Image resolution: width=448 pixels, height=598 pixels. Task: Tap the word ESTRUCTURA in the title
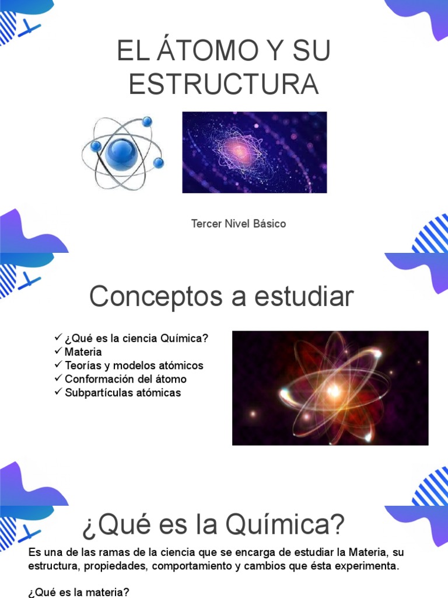(224, 84)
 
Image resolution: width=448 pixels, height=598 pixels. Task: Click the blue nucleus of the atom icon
(121, 153)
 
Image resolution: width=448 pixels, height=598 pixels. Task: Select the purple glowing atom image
(254, 152)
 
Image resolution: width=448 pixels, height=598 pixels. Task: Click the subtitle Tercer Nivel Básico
(239, 224)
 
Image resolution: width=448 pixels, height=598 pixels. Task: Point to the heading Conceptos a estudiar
(222, 297)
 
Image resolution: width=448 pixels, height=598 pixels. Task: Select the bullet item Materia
(83, 352)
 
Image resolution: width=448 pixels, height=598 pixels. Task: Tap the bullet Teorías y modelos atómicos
(134, 366)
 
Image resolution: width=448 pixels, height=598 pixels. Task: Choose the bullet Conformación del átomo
(125, 379)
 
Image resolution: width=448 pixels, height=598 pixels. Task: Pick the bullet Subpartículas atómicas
(123, 392)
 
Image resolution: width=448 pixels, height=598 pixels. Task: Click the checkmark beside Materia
(58, 352)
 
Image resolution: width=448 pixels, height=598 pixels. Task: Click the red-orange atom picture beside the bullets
(330, 388)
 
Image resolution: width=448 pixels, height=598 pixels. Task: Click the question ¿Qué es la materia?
(79, 593)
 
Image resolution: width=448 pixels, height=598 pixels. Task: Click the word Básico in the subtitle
(269, 224)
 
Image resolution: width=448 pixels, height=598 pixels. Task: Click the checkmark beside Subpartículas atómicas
(58, 392)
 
